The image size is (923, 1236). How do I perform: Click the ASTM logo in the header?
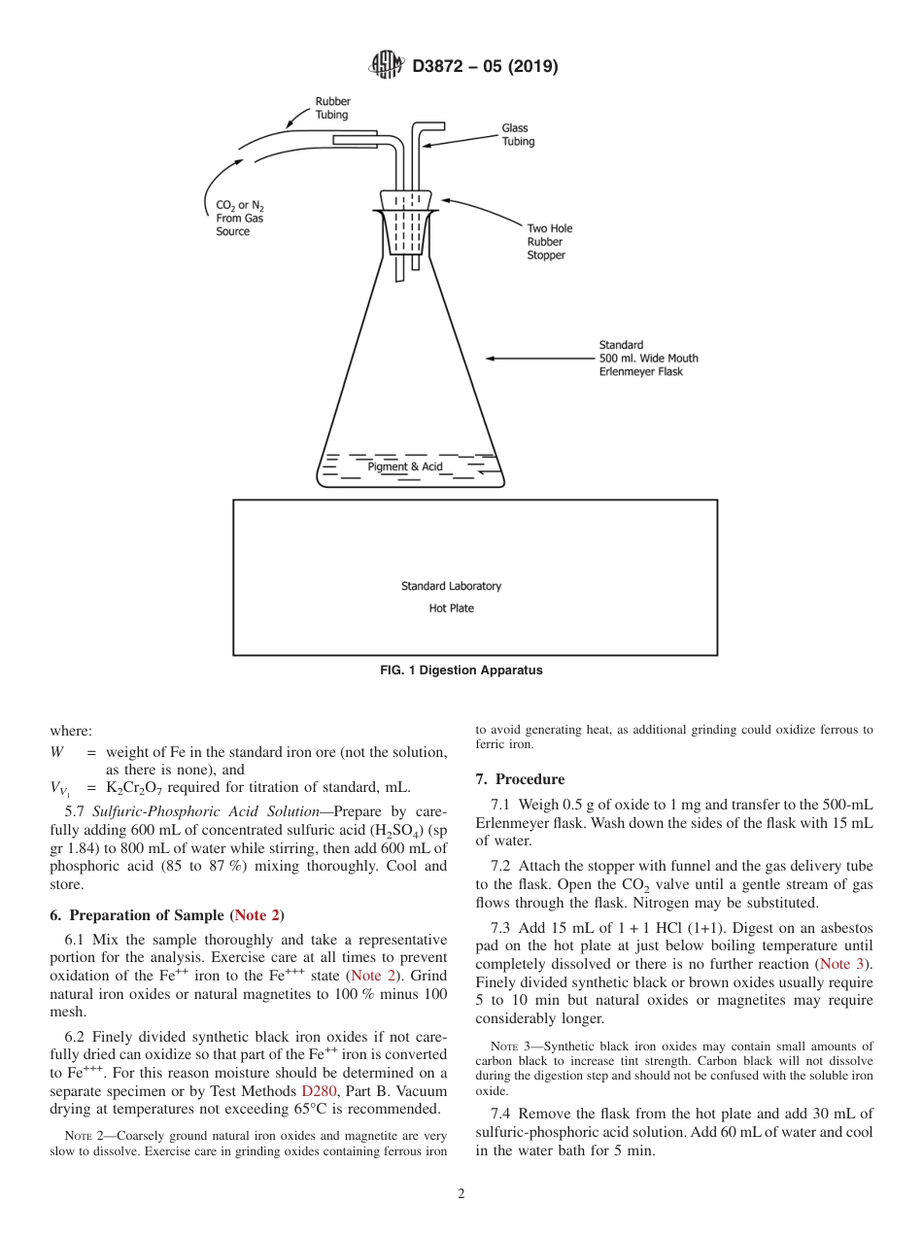click(386, 66)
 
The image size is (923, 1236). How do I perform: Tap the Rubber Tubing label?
click(332, 108)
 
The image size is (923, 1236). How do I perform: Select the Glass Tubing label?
click(518, 135)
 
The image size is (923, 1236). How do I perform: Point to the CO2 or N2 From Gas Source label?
click(239, 219)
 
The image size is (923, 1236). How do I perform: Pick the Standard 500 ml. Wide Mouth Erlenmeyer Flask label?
click(648, 359)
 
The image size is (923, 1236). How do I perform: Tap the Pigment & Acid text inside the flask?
click(405, 467)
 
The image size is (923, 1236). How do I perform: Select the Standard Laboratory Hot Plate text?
click(452, 598)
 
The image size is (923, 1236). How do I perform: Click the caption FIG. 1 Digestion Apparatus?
click(461, 670)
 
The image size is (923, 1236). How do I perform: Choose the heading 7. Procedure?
click(520, 779)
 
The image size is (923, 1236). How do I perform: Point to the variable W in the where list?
click(56, 752)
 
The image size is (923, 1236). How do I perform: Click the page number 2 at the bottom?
click(461, 1194)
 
